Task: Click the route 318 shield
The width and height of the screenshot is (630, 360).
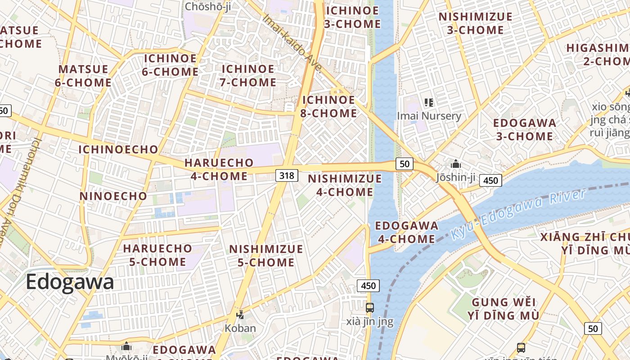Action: pyautogui.click(x=287, y=175)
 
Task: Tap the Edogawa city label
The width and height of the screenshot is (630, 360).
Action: pyautogui.click(x=70, y=282)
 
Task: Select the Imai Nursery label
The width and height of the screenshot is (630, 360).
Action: pyautogui.click(x=429, y=116)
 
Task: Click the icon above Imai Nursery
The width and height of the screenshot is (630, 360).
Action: pyautogui.click(x=429, y=103)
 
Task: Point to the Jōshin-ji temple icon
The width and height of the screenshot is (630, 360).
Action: pyautogui.click(x=456, y=164)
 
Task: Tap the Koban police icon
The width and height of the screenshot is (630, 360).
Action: pyautogui.click(x=240, y=315)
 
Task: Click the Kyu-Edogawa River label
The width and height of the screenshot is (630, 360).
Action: pyautogui.click(x=518, y=214)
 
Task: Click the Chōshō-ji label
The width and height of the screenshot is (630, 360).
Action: pyautogui.click(x=208, y=6)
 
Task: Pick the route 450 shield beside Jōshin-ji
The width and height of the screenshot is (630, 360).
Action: pyautogui.click(x=490, y=180)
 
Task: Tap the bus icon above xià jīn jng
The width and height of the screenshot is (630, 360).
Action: pyautogui.click(x=369, y=308)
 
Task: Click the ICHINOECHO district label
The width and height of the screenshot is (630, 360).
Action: pyautogui.click(x=118, y=149)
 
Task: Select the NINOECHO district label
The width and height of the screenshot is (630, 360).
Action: pyautogui.click(x=113, y=196)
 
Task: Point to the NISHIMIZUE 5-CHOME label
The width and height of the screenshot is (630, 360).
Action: pyautogui.click(x=266, y=255)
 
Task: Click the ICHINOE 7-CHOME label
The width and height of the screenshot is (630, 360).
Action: pyautogui.click(x=248, y=76)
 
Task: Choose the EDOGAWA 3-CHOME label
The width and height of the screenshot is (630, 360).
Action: pyautogui.click(x=524, y=129)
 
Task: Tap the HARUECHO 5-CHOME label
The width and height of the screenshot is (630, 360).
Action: pyautogui.click(x=157, y=255)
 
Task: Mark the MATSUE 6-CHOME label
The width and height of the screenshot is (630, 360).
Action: pyautogui.click(x=84, y=76)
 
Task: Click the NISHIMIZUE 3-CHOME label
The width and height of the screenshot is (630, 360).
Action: pyautogui.click(x=476, y=23)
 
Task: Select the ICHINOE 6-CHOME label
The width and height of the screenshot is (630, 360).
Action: pyautogui.click(x=170, y=65)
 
